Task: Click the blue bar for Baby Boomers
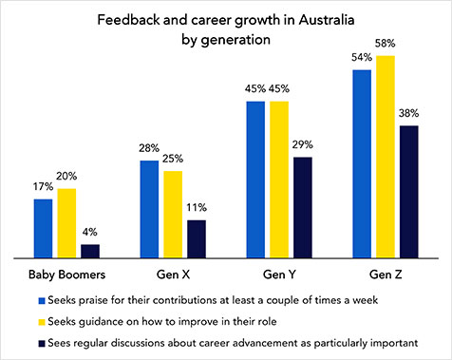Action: pyautogui.click(x=44, y=228)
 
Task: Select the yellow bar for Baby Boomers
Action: pyautogui.click(x=66, y=223)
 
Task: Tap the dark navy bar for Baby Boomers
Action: pyautogui.click(x=89, y=251)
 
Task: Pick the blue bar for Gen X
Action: pyautogui.click(x=150, y=209)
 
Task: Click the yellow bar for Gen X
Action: pyautogui.click(x=173, y=214)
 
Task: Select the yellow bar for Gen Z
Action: pyautogui.click(x=386, y=157)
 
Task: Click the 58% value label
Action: pyautogui.click(x=386, y=45)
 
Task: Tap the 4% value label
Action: pyautogui.click(x=89, y=234)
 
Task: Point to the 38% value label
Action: pyautogui.click(x=409, y=114)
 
